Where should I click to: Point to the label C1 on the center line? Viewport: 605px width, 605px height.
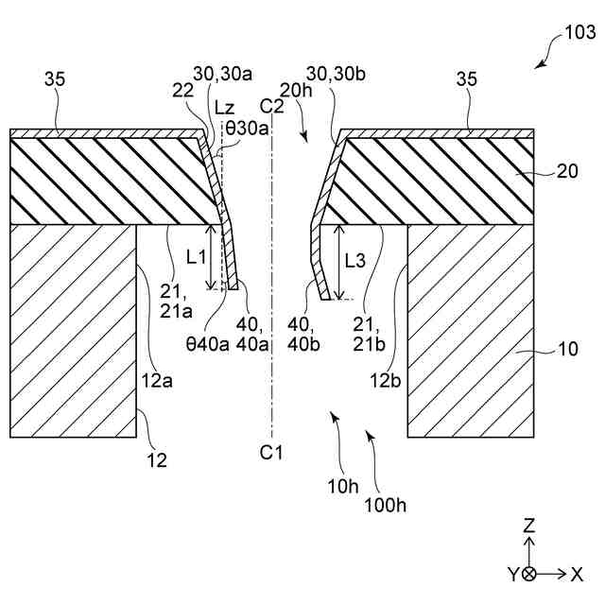pos(271,452)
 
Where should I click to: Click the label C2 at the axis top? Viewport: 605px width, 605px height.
pos(272,105)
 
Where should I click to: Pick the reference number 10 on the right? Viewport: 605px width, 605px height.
pos(567,349)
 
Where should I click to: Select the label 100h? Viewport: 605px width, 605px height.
pos(386,504)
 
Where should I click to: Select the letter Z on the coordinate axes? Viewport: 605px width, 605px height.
pos(529,526)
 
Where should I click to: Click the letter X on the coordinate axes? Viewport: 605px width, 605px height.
pos(577,574)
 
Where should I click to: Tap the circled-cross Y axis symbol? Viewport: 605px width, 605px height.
pos(529,574)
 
